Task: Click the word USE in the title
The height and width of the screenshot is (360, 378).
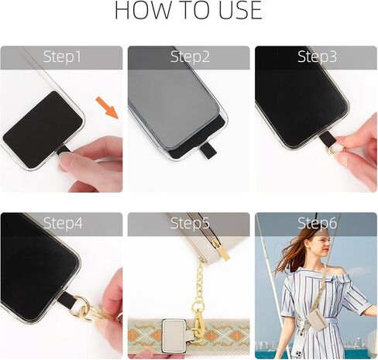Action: pyautogui.click(x=236, y=12)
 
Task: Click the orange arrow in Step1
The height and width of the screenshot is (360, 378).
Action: pyautogui.click(x=109, y=109)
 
